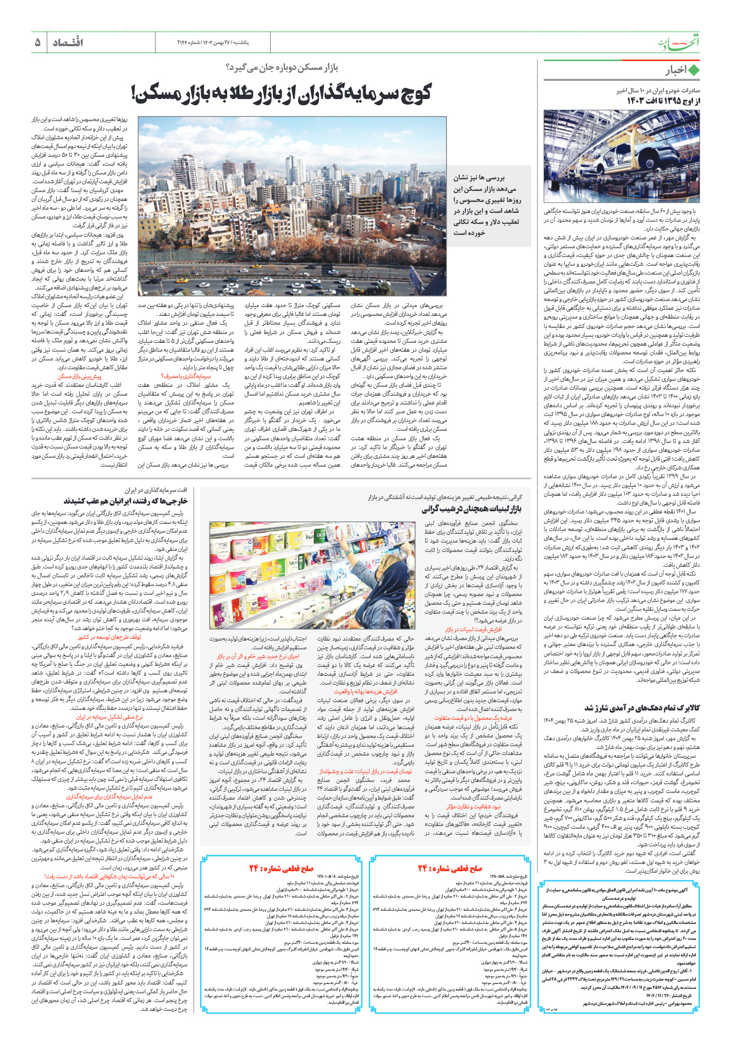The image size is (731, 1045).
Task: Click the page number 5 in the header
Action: coord(37,42)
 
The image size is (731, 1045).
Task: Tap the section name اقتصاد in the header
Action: coord(68,42)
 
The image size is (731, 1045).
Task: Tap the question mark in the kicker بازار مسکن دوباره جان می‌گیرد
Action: coord(228,67)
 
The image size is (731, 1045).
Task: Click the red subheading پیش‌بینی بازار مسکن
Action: coord(80,376)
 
